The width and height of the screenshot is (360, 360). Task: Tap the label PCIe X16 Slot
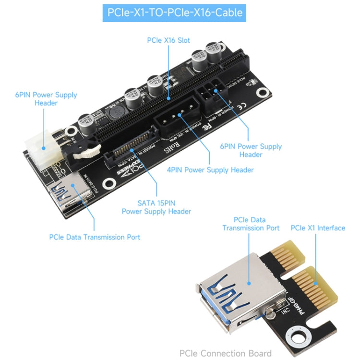coord(169,40)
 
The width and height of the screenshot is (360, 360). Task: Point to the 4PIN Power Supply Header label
coord(210,169)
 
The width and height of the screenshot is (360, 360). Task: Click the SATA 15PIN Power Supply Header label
coord(156,207)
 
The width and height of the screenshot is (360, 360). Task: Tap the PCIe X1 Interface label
coord(318,228)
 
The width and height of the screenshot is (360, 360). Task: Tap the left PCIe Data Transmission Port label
coord(95,237)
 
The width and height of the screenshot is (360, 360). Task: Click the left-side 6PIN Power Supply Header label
coord(46,99)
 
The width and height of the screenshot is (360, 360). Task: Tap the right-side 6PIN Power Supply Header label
coord(251,150)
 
